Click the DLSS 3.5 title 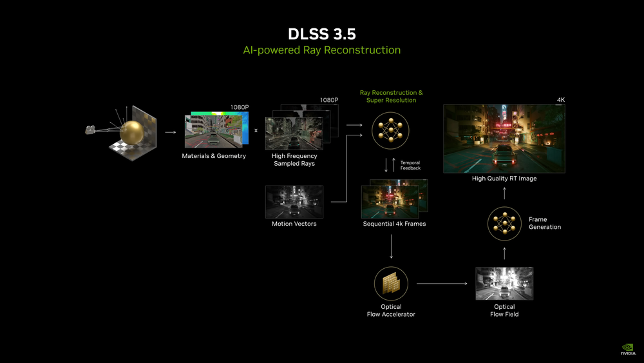pos(322,34)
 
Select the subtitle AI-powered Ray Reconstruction pos(322,50)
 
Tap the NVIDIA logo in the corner pos(628,349)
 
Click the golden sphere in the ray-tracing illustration pos(137,133)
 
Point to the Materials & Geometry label pos(214,156)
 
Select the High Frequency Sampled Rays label pos(294,160)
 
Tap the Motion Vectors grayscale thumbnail pos(294,202)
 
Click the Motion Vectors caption pos(294,224)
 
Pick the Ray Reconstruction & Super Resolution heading pos(391,97)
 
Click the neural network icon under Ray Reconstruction pos(391,131)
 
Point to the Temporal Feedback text pos(410,165)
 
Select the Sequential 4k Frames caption pos(394,224)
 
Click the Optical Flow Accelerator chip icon pos(391,284)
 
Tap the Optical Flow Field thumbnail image pos(504,284)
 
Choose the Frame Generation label pos(545,223)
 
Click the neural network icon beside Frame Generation pos(504,224)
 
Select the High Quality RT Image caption pos(504,179)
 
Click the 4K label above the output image pos(560,100)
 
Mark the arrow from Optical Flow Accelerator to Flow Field pos(442,284)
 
